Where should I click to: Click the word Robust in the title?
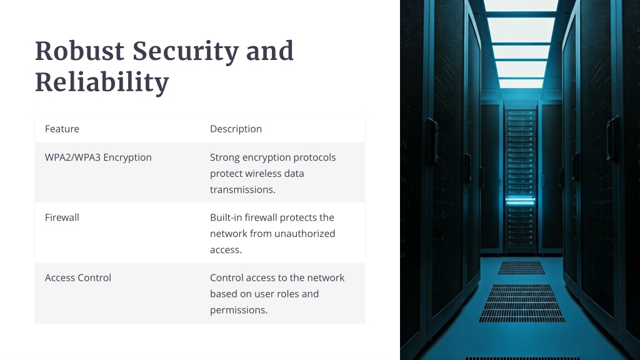[79, 51]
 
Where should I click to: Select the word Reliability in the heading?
[102, 82]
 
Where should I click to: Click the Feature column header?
[62, 129]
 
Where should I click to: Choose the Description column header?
[236, 129]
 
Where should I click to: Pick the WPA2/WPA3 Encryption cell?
[98, 157]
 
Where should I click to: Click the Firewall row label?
[62, 217]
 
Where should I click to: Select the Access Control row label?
[78, 278]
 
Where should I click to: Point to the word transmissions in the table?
[243, 190]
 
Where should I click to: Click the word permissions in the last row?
[239, 311]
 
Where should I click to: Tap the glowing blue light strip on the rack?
[521, 200]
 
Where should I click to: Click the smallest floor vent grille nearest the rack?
[521, 267]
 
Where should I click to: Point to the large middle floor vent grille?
[521, 303]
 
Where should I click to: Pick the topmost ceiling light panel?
[521, 5]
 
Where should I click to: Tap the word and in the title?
[270, 51]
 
